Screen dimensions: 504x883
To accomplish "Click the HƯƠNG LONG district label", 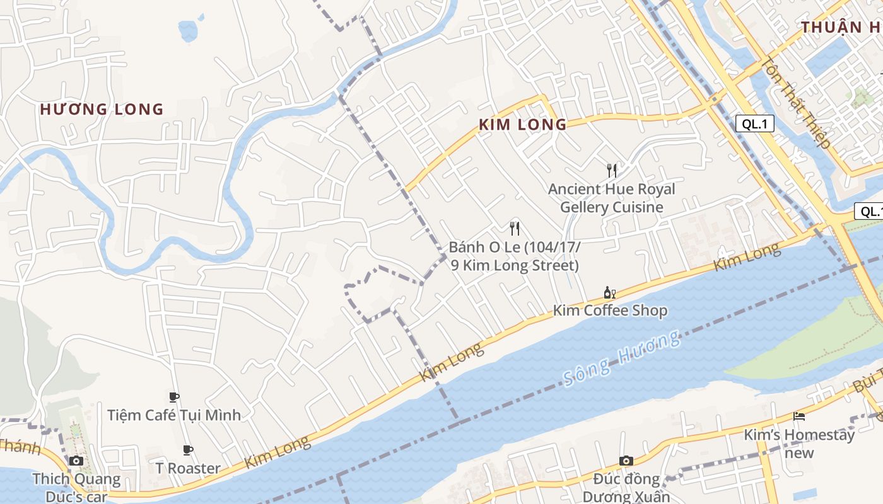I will pyautogui.click(x=102, y=110).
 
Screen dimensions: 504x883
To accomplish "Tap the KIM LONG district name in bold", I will pyautogui.click(x=523, y=125).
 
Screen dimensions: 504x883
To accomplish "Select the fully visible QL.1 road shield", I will pyautogui.click(x=754, y=123).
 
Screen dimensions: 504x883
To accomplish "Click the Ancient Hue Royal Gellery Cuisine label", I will pyautogui.click(x=611, y=198).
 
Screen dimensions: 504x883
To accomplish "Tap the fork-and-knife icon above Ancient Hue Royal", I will pyautogui.click(x=611, y=169).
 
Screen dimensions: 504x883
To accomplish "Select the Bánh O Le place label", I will pyautogui.click(x=515, y=256).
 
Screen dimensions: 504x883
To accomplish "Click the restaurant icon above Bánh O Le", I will pyautogui.click(x=515, y=228).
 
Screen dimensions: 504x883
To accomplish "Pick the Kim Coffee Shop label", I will pyautogui.click(x=610, y=310).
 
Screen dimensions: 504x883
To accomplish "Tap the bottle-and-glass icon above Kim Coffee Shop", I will pyautogui.click(x=609, y=292).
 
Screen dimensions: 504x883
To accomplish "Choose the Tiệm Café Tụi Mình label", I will pyautogui.click(x=174, y=415).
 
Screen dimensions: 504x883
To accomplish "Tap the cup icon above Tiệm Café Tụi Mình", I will pyautogui.click(x=174, y=396).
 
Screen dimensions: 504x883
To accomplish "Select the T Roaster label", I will pyautogui.click(x=188, y=468).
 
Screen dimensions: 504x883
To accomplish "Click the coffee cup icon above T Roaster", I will pyautogui.click(x=188, y=450).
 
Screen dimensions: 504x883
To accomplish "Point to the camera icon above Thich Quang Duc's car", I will pyautogui.click(x=76, y=461).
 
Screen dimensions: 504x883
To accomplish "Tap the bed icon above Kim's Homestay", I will pyautogui.click(x=799, y=416).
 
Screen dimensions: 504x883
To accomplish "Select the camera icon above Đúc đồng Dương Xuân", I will pyautogui.click(x=626, y=461).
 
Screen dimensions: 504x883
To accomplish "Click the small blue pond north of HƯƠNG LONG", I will pyautogui.click(x=189, y=30).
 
